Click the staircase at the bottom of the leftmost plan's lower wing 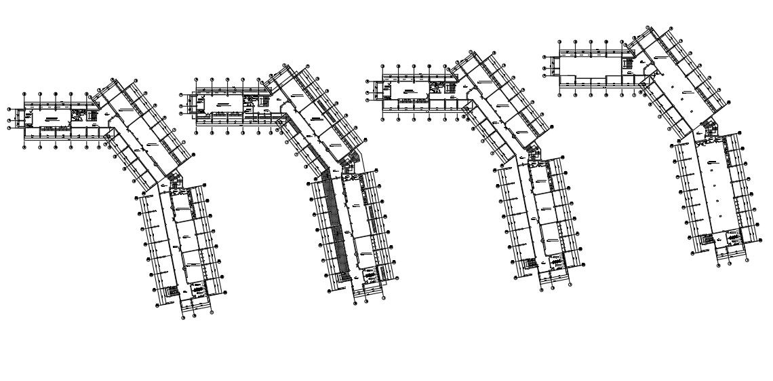tap(172, 290)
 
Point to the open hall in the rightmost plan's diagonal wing tap(678, 88)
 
